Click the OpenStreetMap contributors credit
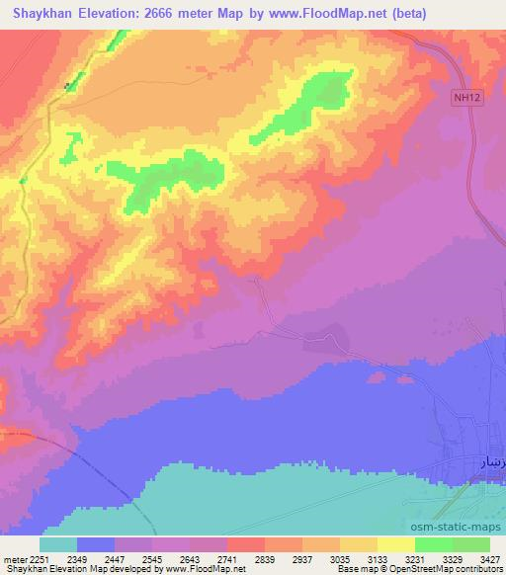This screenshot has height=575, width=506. [x=447, y=569]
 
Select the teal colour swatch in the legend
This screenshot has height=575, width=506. [x=58, y=544]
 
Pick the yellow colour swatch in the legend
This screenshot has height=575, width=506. [x=396, y=544]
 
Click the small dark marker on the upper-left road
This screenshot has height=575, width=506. [x=67, y=86]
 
